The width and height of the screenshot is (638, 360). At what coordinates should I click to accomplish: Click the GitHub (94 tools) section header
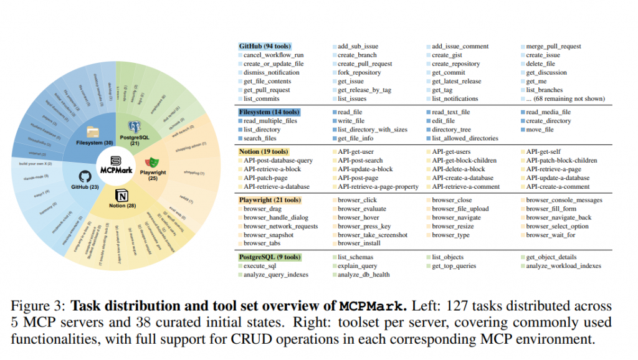pyautogui.click(x=265, y=47)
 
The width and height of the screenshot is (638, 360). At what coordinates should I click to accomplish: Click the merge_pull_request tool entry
pyautogui.click(x=553, y=47)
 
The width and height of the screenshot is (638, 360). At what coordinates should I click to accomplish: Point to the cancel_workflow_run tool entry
pyautogui.click(x=275, y=55)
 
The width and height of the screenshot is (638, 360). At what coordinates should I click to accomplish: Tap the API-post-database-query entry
pyautogui.click(x=278, y=160)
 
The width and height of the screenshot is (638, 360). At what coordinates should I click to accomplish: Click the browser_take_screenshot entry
pyautogui.click(x=373, y=235)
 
